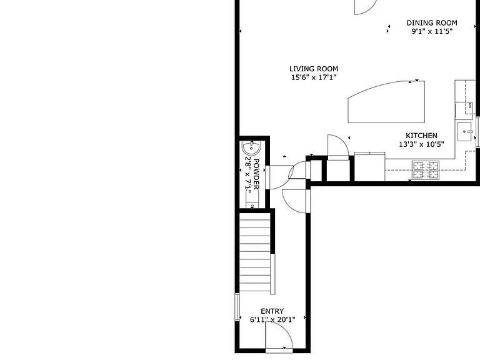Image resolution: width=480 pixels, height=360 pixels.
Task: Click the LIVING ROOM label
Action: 314,69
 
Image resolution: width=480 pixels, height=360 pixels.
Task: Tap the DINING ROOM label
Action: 432,22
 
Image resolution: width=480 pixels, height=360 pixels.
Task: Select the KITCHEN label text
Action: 421,136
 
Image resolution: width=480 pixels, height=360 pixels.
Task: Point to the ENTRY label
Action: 272,311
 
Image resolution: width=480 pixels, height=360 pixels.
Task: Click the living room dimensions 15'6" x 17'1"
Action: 314,77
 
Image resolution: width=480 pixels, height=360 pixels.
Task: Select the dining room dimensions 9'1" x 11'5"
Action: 432,31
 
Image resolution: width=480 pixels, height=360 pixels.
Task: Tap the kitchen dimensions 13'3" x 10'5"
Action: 421,144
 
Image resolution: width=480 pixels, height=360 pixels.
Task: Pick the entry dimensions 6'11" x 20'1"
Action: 272,320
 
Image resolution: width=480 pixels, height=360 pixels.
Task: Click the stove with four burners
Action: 426,170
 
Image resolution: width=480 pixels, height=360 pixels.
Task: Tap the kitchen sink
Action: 465,131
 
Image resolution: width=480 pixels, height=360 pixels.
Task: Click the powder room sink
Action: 251,148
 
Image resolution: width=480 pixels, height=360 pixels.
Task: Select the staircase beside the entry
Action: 255,252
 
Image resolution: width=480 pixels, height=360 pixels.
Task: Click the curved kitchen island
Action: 386,102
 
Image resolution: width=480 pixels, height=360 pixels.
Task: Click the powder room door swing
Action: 279,177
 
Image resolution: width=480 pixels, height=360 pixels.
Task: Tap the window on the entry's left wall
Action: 237,307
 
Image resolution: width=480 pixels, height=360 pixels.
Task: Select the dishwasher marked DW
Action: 464,110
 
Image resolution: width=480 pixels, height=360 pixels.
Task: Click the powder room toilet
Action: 252,198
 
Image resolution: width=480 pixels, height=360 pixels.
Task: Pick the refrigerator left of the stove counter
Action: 370,166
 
